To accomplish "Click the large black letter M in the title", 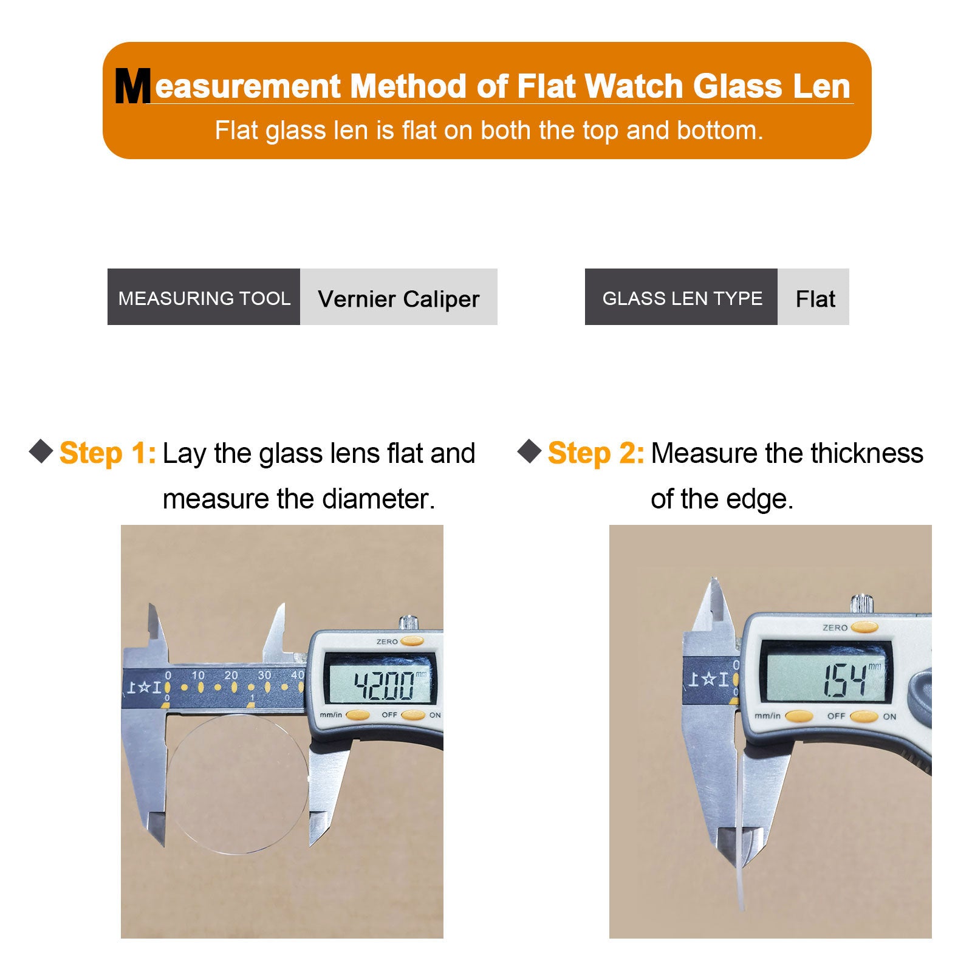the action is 132,86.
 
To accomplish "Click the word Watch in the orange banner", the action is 634,86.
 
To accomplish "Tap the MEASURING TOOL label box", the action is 204,296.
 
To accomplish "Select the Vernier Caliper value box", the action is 399,296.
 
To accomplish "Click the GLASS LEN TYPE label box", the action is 681,296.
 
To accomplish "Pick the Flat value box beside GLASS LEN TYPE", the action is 813,296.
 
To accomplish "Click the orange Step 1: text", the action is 108,453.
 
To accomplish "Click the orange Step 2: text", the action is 596,453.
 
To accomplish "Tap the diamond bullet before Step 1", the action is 41,451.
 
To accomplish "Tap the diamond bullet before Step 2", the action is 530,451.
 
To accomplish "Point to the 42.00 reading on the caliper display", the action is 384,685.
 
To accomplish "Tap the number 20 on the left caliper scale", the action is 231,675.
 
